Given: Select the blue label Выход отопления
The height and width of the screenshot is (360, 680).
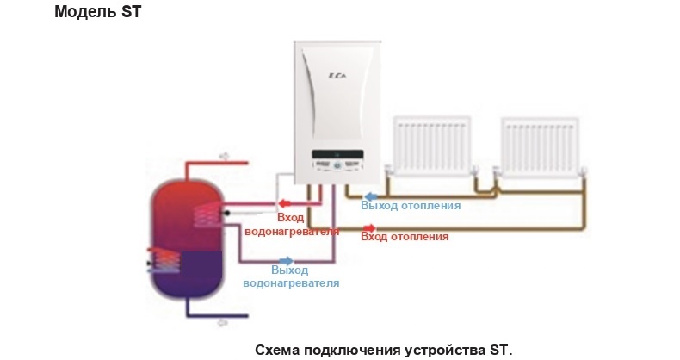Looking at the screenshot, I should click(411, 206).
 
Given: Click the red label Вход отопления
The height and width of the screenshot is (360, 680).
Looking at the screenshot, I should click(405, 236).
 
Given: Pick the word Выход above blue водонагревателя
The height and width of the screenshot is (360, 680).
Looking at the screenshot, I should click(290, 270).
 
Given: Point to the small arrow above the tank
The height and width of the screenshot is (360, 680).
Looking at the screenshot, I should click(225, 156).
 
